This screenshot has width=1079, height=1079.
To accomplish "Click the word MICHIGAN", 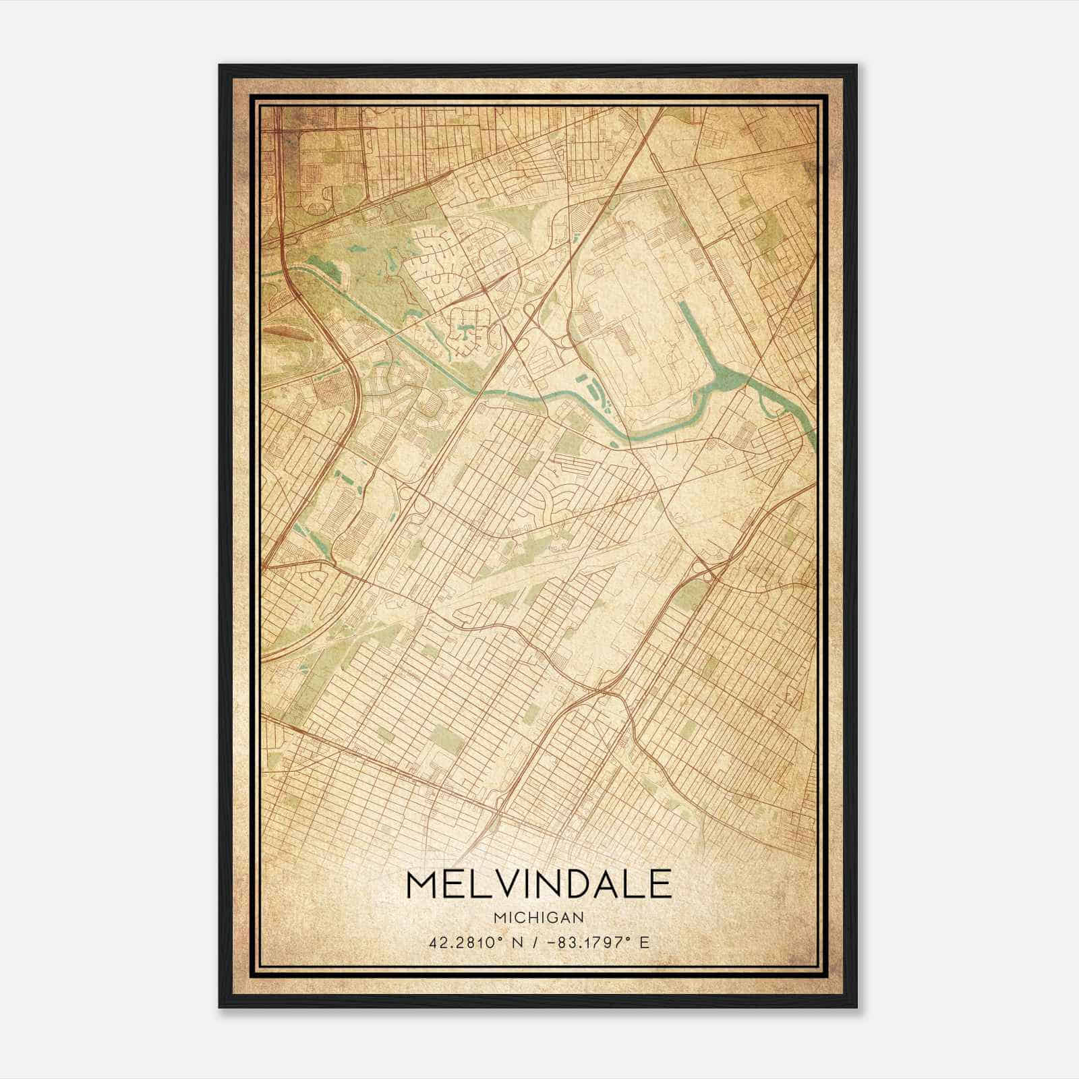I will [539, 917].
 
